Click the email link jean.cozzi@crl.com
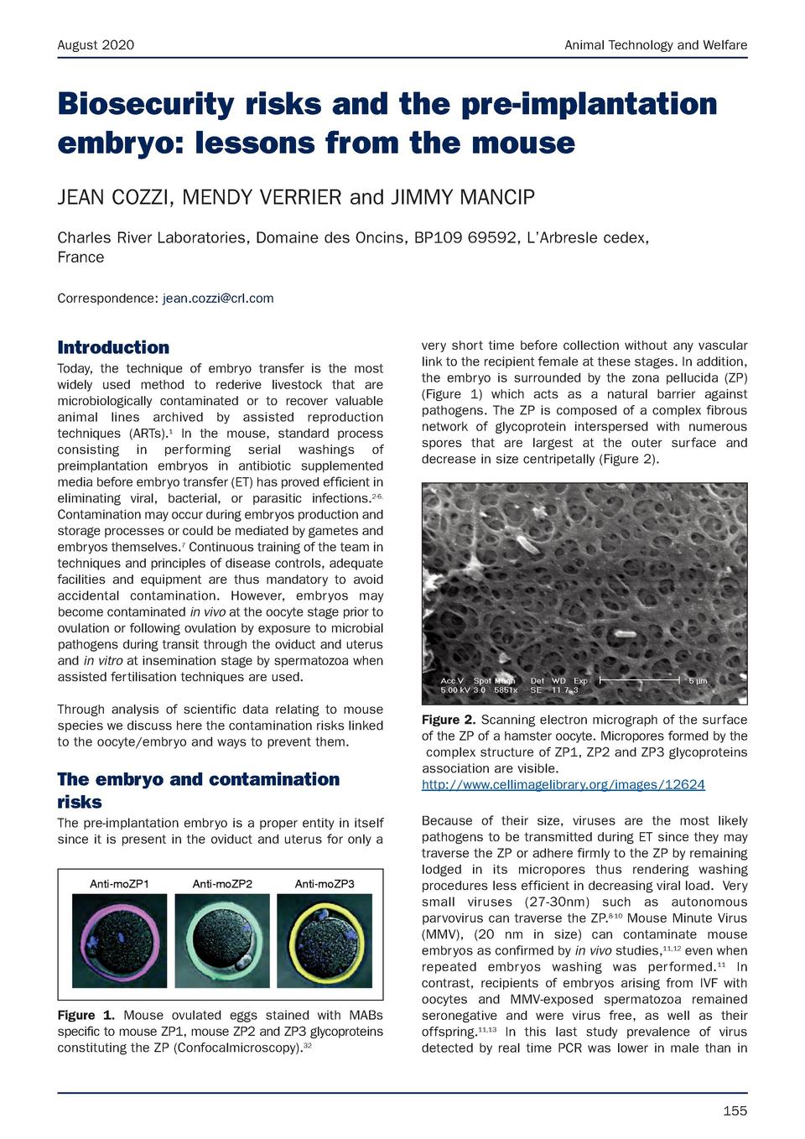tap(217, 299)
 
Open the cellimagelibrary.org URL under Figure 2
tap(563, 785)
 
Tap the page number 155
tap(735, 1111)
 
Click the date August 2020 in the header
tap(96, 45)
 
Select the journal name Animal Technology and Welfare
tap(655, 45)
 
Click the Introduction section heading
tap(113, 347)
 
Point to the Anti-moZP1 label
tap(120, 884)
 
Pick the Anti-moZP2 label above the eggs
tap(222, 884)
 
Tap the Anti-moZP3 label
tap(325, 884)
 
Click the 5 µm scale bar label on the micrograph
tap(698, 681)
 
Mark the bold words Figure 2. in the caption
tap(449, 720)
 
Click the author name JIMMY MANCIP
tap(461, 198)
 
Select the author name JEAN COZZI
tap(116, 198)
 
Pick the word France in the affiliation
tap(80, 257)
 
